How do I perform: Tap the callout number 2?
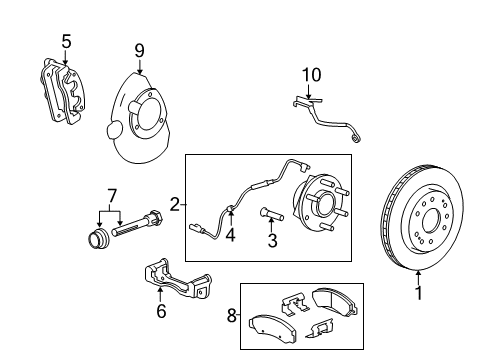(x=174, y=205)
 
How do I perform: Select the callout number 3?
(x=272, y=241)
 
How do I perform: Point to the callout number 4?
(x=230, y=237)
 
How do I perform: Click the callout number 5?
(x=66, y=41)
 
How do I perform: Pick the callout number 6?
(x=161, y=311)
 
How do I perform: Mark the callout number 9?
(x=140, y=48)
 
